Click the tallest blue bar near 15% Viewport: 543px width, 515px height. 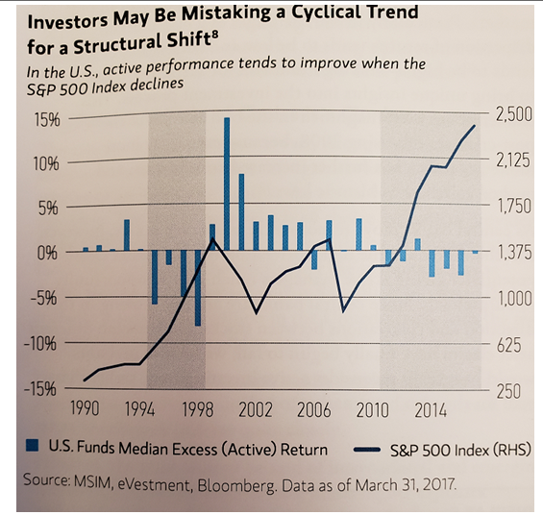point(227,183)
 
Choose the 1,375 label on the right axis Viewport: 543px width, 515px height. point(511,252)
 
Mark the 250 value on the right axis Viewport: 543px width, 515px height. point(506,391)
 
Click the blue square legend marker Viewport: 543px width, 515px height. point(33,448)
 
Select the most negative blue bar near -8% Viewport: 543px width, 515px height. point(198,288)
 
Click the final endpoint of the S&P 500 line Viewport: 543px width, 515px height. point(474,126)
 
